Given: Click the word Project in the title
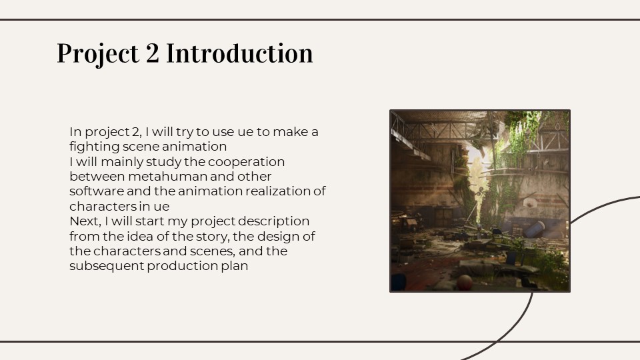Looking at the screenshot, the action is click(98, 54).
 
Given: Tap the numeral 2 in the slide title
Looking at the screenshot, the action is click(152, 53).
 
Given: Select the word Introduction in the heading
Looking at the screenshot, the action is click(239, 53).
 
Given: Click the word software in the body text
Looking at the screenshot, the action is click(97, 191).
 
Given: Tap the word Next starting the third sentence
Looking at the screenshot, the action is click(85, 221).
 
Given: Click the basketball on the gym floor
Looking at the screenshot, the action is click(464, 283).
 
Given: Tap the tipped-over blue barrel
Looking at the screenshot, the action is click(535, 229).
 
